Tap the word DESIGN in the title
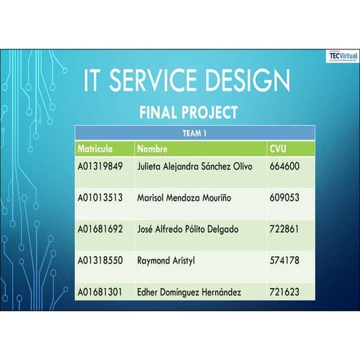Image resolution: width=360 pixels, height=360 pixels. point(251,81)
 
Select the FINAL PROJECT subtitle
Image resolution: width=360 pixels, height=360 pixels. point(188,113)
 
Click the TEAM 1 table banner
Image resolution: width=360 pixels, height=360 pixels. point(194,133)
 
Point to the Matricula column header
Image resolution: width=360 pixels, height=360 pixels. point(95,149)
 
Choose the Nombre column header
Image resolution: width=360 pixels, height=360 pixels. point(152,149)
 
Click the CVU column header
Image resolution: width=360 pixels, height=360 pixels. point(278,149)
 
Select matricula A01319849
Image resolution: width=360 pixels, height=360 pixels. point(100,166)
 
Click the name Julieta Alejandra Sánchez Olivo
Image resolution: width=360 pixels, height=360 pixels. point(194,166)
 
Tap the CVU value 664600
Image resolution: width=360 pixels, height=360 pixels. point(284,166)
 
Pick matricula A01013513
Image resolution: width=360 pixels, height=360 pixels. point(100,197)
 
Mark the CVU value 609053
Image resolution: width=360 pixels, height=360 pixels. point(284,197)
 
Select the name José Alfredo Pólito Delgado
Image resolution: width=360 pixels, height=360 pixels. point(188,229)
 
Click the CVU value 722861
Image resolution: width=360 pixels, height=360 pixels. point(284,229)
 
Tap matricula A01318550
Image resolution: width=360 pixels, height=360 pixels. point(100,260)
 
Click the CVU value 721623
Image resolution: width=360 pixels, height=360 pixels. point(284,292)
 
